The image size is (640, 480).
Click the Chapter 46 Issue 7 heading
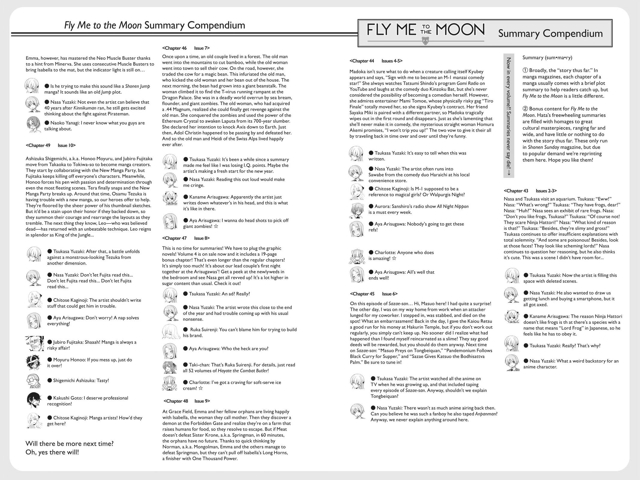click(x=186, y=48)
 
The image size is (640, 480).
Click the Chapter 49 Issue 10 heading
click(x=51, y=145)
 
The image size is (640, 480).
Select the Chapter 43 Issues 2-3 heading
click(x=530, y=191)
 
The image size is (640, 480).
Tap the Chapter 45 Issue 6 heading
click(x=374, y=294)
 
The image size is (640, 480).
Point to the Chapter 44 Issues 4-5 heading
click(x=376, y=61)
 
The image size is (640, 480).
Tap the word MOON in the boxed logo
click(x=460, y=30)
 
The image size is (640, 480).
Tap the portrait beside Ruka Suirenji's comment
click(x=170, y=332)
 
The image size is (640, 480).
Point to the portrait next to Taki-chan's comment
click(x=170, y=367)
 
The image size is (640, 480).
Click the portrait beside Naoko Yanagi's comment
click(x=34, y=126)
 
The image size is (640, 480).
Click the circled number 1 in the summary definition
click(x=525, y=70)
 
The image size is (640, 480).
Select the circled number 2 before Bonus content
click(x=525, y=109)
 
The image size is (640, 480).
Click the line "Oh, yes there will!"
click(x=52, y=452)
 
